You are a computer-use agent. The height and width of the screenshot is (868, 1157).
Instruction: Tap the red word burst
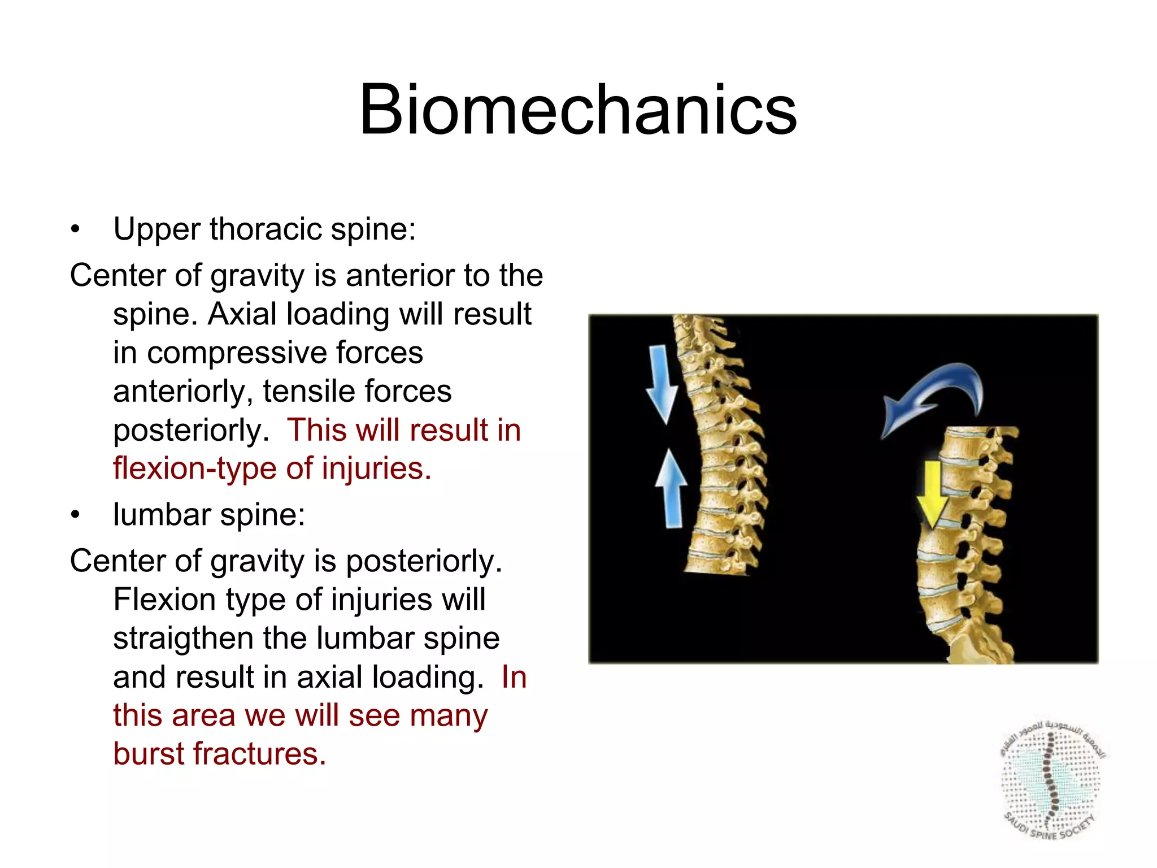[x=147, y=754]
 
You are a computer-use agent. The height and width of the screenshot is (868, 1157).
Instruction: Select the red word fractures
[x=260, y=754]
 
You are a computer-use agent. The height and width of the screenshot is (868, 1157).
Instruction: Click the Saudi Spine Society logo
[x=1051, y=780]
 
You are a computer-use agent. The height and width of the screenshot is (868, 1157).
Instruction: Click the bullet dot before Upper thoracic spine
[x=75, y=230]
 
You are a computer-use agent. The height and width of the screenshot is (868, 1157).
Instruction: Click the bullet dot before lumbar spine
[x=75, y=515]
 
